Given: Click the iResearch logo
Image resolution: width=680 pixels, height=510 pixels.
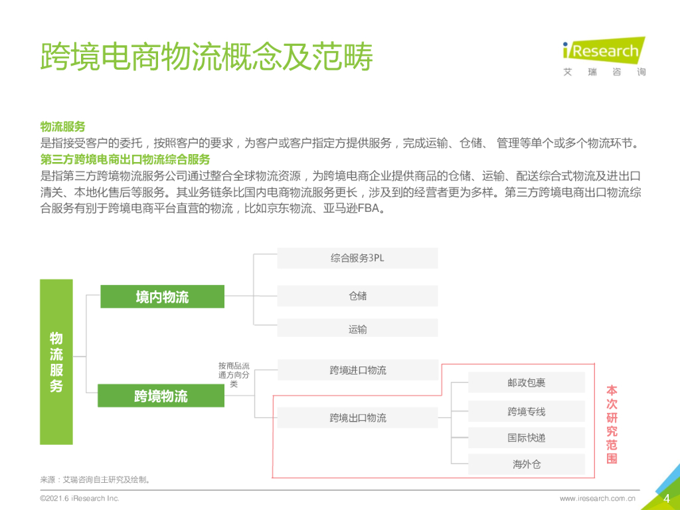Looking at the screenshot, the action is click(604, 56).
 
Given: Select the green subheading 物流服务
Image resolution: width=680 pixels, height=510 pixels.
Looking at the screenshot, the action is click(63, 127).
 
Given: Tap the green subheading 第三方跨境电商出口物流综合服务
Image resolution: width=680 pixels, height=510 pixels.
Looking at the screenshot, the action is click(126, 159).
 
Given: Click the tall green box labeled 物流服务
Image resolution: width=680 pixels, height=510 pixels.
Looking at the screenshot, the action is click(56, 361).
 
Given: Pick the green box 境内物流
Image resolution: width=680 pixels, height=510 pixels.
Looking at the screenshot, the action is click(162, 297).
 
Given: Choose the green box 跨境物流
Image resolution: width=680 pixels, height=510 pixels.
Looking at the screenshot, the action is click(161, 396).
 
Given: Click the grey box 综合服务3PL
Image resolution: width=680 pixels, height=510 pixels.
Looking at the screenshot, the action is click(357, 258).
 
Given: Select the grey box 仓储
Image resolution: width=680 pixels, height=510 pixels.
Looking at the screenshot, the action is click(357, 296).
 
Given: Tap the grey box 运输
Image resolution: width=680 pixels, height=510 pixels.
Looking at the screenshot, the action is click(357, 329).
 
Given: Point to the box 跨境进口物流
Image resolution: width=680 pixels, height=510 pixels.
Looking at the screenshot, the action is click(357, 370).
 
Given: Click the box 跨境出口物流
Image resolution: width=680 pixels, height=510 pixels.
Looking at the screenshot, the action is click(357, 418).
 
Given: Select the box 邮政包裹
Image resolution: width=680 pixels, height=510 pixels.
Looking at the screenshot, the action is click(526, 383).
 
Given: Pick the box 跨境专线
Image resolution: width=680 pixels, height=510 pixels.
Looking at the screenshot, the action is click(526, 412).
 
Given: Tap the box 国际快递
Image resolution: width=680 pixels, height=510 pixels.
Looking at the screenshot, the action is click(526, 438).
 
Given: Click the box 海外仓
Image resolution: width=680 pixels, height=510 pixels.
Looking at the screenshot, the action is click(526, 464).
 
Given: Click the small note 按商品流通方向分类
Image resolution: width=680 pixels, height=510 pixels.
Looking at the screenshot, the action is click(234, 375).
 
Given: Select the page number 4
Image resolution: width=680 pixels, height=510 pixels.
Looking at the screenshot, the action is click(666, 499).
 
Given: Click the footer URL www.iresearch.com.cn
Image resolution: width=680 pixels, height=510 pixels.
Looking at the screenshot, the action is click(598, 498).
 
